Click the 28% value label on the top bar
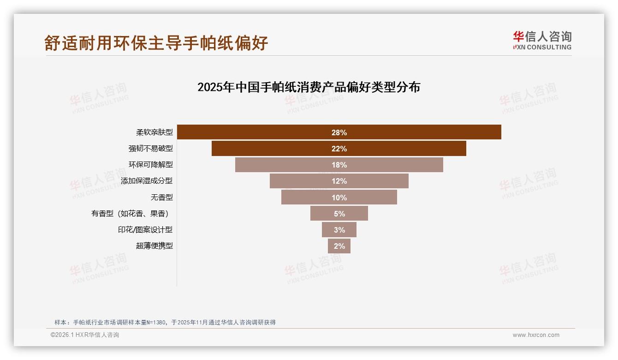pos(339,132)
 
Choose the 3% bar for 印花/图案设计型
pos(339,229)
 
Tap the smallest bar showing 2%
pos(339,246)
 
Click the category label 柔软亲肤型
pos(154,132)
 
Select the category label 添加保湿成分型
pos(147,181)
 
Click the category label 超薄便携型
pos(154,246)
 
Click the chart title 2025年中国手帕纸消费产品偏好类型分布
pos(309,87)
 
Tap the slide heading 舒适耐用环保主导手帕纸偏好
pos(156,43)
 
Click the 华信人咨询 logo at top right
pos(542,40)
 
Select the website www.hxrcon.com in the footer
pos(535,335)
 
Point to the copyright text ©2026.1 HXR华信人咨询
pos(84,335)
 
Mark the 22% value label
pos(339,149)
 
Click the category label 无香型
pos(161,197)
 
